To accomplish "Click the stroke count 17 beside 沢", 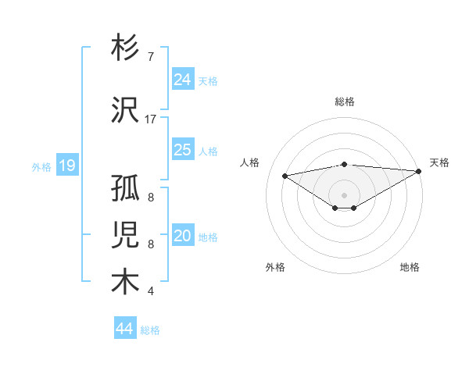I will coord(151,119).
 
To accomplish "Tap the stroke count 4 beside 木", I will coord(150,291).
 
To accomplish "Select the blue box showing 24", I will coord(183,80).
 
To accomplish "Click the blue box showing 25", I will coord(183,150).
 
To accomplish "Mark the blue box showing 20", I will coord(183,237).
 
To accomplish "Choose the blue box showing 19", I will coord(67,166).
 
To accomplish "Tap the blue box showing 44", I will coord(125,329).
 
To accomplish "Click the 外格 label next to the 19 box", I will coord(41,166).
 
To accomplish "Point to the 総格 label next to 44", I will coord(151,330).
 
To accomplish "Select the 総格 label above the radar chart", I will coord(344,102).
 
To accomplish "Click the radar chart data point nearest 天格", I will coord(419,172).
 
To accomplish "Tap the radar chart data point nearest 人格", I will coord(285,175).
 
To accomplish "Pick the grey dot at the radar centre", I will coord(344,194).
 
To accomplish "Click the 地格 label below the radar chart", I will coord(410,267).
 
